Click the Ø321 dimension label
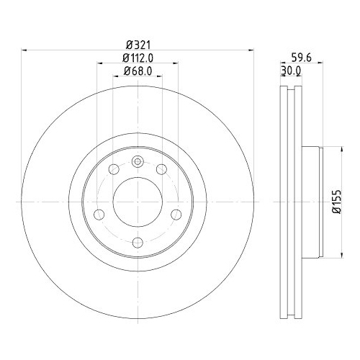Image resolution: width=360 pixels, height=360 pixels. [138, 45]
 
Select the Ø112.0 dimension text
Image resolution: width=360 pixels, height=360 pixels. [138, 58]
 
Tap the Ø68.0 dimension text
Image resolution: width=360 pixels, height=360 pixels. [138, 71]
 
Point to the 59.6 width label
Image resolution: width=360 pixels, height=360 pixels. [301, 58]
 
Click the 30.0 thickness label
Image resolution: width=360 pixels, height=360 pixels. [291, 71]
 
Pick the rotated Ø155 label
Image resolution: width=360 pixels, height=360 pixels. [336, 202]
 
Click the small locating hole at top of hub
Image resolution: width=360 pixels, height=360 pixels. [138, 161]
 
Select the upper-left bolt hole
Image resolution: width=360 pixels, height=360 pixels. [114, 169]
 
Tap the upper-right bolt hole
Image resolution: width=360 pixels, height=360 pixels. [161, 169]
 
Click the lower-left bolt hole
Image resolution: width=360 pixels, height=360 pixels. [99, 214]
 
